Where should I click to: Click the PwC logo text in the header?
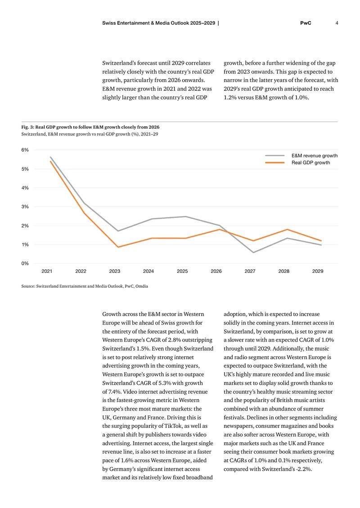(x=306, y=23)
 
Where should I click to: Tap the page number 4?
(x=337, y=23)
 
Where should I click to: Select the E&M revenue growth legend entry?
(x=301, y=156)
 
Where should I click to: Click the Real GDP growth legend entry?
(x=297, y=163)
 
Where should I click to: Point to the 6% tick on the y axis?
(x=25, y=150)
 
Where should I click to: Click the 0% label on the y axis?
(x=25, y=263)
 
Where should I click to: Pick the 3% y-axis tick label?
(x=25, y=207)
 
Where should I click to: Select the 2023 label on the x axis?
(x=114, y=271)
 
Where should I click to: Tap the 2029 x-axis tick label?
(x=318, y=271)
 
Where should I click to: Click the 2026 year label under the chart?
(x=216, y=271)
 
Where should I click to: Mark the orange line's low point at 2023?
(x=118, y=247)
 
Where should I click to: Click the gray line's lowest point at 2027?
(x=253, y=252)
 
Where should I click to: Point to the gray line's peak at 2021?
(x=50, y=157)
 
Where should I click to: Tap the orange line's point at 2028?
(x=287, y=229)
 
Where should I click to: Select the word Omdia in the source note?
(x=142, y=286)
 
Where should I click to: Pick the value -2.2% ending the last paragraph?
(x=304, y=469)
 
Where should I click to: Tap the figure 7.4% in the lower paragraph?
(x=114, y=392)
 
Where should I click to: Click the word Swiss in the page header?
(x=108, y=23)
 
